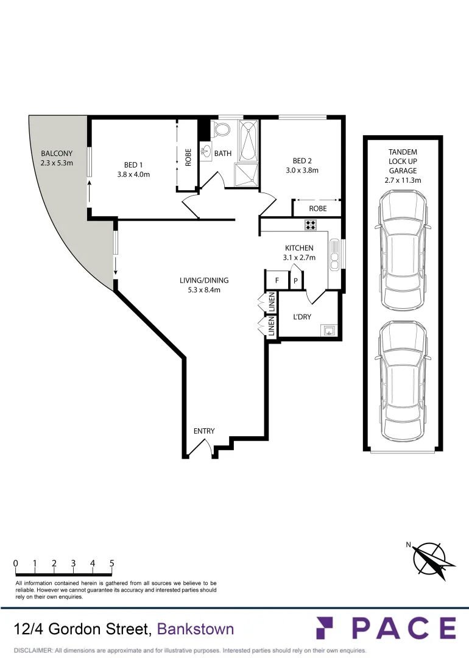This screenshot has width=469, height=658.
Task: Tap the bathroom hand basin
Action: coord(206,152)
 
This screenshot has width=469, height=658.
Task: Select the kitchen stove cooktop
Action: coord(310,225)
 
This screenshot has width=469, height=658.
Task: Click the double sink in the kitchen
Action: coord(334,254)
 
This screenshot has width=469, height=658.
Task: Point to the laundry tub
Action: coord(328,331)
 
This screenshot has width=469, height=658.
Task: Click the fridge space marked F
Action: coord(277,281)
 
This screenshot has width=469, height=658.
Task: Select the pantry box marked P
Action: coord(295,281)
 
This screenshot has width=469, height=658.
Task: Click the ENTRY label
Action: coord(204,431)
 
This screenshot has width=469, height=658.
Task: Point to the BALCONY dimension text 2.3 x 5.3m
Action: coord(57,163)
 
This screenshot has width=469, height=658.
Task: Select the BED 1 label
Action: coord(133,164)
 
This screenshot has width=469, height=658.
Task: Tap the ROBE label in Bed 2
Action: coord(317,208)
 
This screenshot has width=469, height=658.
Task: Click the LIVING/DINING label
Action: coord(203,280)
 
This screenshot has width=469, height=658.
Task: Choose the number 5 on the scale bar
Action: coord(112,564)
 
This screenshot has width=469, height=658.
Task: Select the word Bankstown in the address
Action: coord(195,629)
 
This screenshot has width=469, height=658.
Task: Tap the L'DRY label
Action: coord(302,317)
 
